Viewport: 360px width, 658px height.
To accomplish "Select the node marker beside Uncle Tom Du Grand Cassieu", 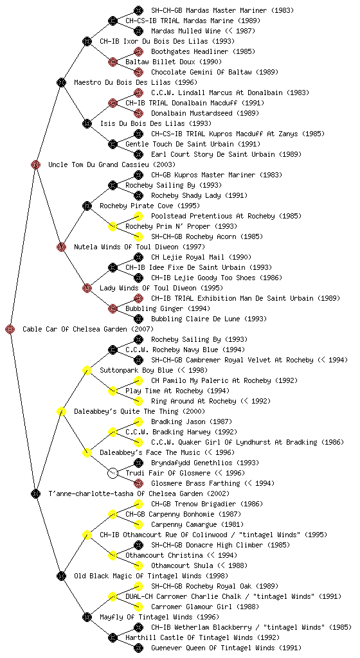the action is point(35,164).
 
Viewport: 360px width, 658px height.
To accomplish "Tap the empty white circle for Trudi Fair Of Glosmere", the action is point(113,473).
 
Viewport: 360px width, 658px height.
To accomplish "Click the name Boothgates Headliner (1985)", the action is point(203,51).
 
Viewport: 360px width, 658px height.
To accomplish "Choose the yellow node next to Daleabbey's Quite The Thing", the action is point(61,411).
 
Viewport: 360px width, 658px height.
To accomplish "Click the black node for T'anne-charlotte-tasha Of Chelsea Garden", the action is point(35,493).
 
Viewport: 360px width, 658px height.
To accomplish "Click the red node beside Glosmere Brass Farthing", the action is point(138,483).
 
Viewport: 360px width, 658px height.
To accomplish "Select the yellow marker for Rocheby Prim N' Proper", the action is point(113,226).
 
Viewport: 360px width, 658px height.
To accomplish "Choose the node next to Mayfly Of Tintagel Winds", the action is point(87,617).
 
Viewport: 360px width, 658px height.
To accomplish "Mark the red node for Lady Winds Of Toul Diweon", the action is point(87,288).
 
